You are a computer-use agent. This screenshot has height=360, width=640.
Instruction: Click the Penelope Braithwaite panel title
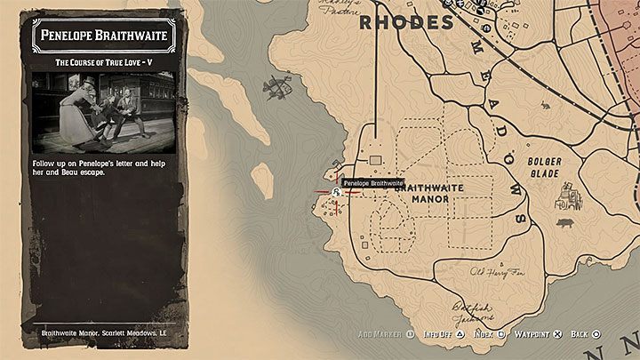click(x=105, y=36)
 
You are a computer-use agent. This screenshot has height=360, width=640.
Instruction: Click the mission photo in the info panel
click(x=105, y=112)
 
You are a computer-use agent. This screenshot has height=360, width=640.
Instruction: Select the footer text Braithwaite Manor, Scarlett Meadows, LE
click(x=105, y=335)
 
